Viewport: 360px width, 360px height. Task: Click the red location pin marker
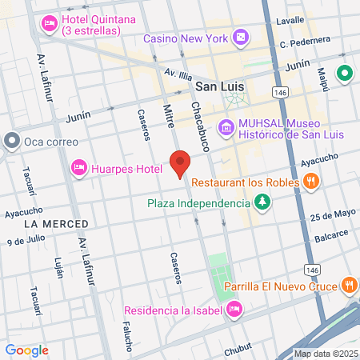(180, 162)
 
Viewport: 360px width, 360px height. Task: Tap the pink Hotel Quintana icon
(49, 22)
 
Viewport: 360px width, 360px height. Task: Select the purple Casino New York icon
(240, 38)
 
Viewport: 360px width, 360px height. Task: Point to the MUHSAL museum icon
(226, 126)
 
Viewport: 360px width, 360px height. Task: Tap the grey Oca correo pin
(11, 142)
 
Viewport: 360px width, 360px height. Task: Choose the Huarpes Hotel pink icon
(79, 168)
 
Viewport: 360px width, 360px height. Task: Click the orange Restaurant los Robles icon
(313, 182)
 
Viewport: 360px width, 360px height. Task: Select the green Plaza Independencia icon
(262, 203)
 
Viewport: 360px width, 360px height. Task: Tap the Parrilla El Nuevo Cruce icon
(350, 285)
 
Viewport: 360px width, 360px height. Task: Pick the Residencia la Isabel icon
(234, 308)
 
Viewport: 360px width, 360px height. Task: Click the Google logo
(26, 350)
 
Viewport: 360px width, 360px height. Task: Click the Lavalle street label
(290, 19)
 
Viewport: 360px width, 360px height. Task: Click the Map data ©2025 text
(326, 354)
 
